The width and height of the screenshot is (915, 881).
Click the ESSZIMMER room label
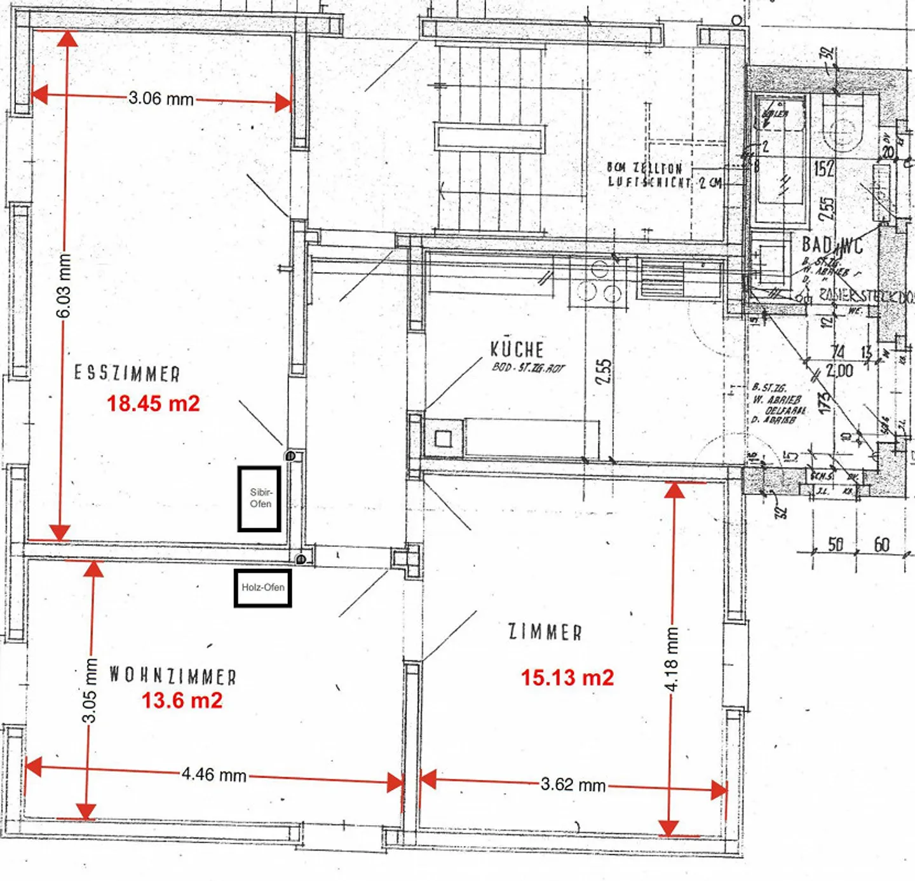(127, 373)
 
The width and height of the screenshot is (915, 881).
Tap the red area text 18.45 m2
(153, 404)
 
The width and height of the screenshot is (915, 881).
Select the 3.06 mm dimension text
(161, 99)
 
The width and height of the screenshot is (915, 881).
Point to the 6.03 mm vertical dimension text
(64, 286)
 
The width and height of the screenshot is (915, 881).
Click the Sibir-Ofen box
(259, 499)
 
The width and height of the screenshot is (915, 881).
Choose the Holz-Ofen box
(262, 588)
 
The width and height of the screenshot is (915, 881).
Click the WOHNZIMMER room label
(173, 675)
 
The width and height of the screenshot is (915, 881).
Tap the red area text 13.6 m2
(182, 700)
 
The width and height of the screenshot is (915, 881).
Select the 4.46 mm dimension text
(214, 775)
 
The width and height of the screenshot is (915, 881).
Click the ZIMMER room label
(545, 632)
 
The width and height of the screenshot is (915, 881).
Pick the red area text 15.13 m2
(567, 678)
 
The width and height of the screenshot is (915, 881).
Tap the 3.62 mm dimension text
(573, 785)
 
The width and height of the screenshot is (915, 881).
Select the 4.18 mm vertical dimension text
(672, 658)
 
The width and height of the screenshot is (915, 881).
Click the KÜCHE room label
(517, 349)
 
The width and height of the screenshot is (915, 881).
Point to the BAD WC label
(832, 245)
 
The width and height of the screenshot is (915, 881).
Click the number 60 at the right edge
(881, 545)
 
